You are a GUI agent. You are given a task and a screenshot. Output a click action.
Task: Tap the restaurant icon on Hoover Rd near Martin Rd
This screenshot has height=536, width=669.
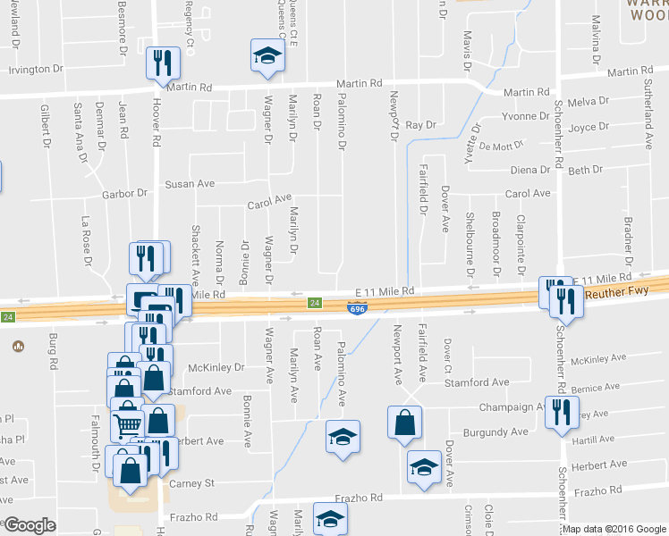pos(163,63)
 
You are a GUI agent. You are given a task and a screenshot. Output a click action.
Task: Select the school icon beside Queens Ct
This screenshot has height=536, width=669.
pos(266,54)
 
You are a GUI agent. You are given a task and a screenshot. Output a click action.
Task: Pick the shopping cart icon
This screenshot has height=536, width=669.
pos(127,423)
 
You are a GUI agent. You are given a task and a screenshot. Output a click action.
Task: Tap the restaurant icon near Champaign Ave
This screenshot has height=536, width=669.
pos(561,413)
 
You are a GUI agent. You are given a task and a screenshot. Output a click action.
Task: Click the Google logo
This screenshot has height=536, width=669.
pos(30,525)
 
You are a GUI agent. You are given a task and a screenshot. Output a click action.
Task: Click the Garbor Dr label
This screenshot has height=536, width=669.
pos(123,193)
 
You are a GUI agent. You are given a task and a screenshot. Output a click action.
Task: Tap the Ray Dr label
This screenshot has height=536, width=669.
pos(420,126)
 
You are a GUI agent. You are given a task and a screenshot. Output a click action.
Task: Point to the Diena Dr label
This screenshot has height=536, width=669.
pos(529,170)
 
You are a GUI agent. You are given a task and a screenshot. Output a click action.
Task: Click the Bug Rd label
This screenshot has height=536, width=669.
pos(53,352)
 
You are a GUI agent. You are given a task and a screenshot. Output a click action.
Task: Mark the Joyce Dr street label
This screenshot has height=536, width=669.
pos(589,127)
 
